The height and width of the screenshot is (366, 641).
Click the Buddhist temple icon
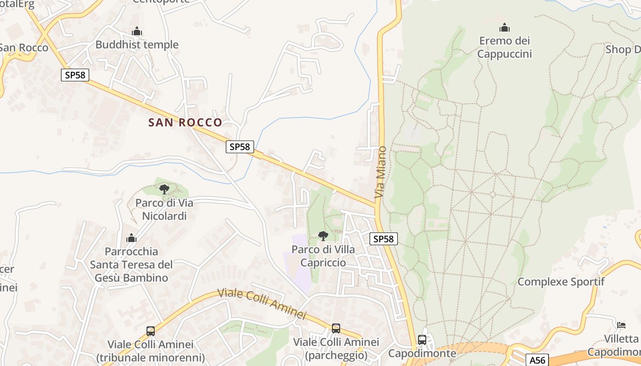136,32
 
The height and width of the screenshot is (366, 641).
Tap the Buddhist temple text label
137,45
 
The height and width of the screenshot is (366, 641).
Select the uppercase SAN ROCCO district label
185,122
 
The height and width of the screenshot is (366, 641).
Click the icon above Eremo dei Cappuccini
505,28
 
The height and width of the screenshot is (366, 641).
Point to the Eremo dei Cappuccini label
505,48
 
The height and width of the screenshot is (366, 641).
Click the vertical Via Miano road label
380,172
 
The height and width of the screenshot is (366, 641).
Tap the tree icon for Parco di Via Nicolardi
164,189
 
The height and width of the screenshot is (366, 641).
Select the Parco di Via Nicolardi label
164,209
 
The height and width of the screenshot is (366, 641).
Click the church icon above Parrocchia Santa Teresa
131,238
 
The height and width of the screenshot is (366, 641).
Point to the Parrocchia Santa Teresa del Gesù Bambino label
131,264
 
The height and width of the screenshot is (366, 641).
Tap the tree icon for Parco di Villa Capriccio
323,236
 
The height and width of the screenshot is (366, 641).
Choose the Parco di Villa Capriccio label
323,256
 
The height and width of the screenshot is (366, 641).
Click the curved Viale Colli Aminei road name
261,303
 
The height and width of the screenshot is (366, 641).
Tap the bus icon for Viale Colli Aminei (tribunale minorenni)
151,331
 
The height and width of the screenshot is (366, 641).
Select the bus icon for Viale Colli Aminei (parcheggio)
336,328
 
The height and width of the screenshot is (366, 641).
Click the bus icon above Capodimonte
422,340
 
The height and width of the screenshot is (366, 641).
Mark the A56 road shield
537,360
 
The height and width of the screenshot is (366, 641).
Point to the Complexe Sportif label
561,282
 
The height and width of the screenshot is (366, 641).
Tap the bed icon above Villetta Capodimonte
621,325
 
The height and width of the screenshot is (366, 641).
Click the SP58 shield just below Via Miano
384,238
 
